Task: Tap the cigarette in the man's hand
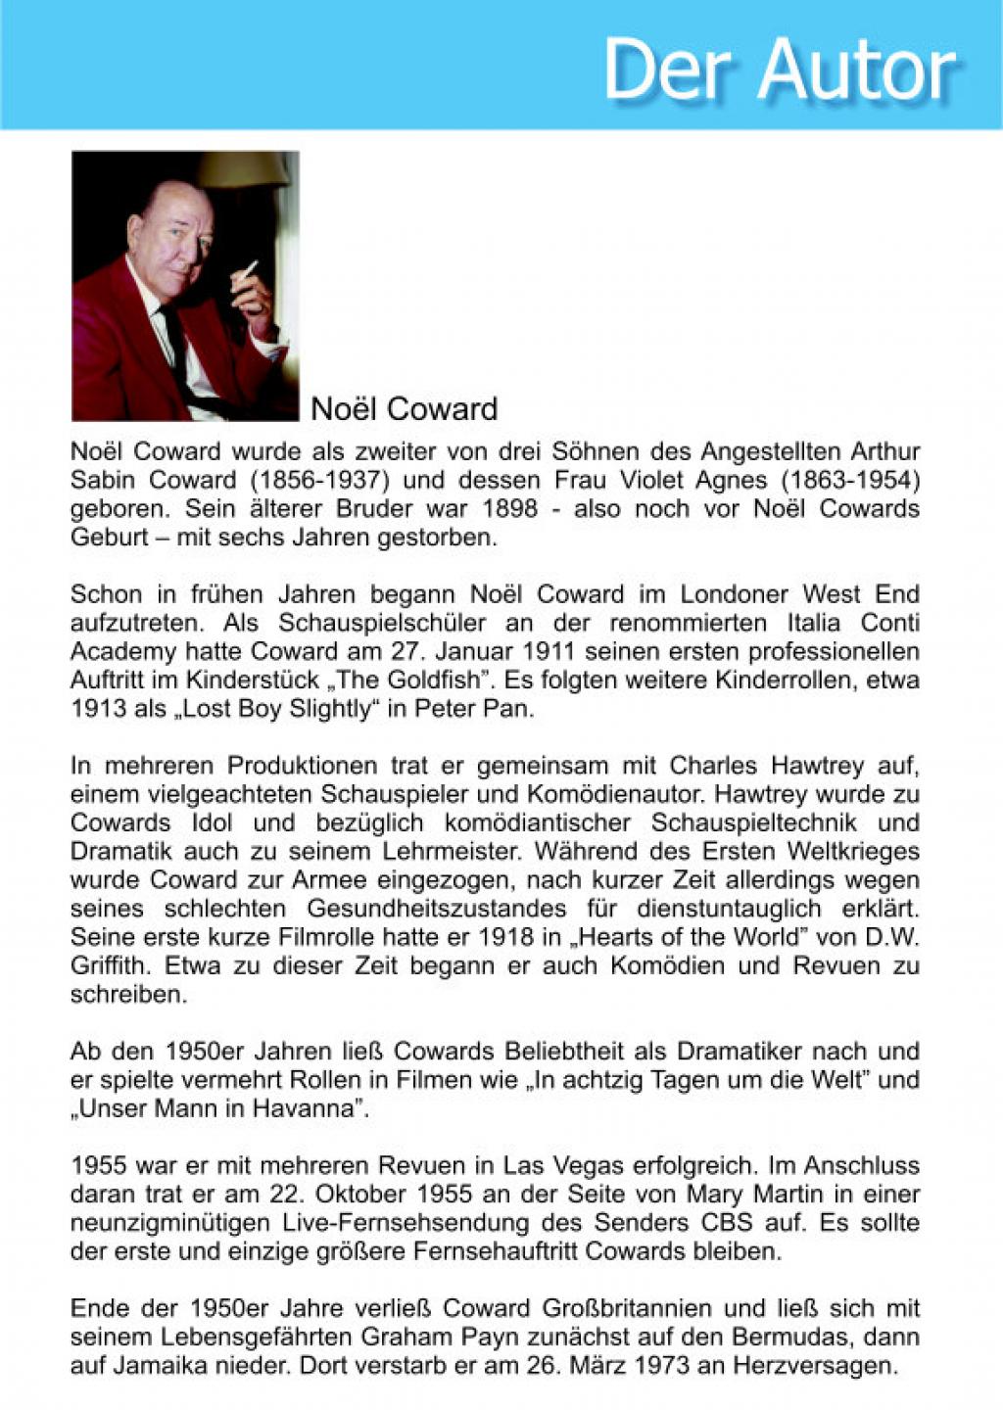pos(249,270)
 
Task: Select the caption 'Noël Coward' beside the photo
pos(404,408)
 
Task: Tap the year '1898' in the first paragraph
pos(509,509)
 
